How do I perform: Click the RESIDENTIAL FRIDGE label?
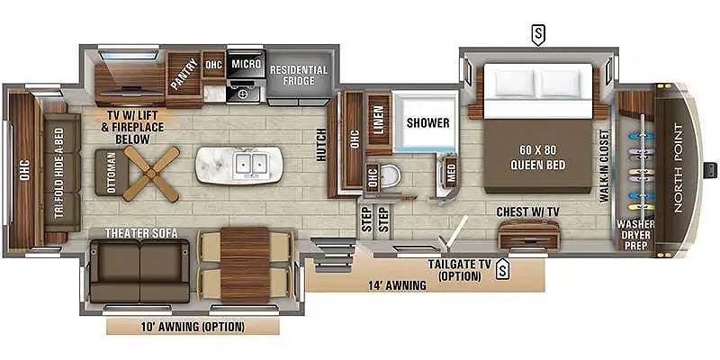point(299,76)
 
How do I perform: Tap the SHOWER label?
point(428,123)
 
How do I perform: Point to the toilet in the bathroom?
point(391,175)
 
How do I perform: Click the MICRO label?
point(246,63)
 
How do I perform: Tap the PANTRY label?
point(184,74)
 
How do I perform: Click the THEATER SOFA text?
point(141,233)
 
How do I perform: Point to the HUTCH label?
point(321,145)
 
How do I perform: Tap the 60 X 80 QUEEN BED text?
point(537,157)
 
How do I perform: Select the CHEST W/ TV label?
point(528,212)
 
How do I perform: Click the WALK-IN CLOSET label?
point(604,166)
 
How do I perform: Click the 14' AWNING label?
point(397,285)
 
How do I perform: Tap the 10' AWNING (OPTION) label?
point(193,327)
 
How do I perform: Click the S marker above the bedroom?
point(538,34)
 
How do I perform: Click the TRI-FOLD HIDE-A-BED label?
point(60,173)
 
